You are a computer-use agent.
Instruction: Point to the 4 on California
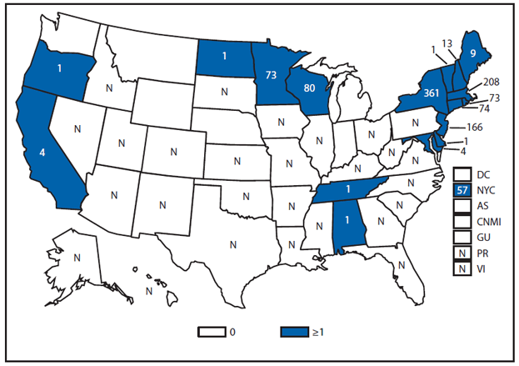pyautogui.click(x=42, y=153)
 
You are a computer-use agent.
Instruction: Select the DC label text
pyautogui.click(x=483, y=175)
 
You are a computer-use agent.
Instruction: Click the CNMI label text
pyautogui.click(x=489, y=222)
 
